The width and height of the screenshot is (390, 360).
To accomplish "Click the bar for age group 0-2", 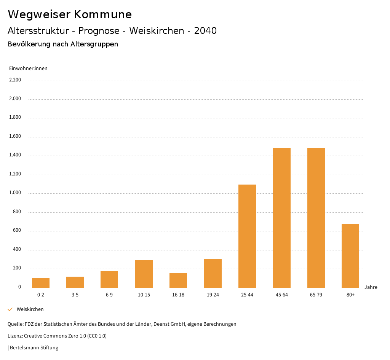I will pyautogui.click(x=41, y=283).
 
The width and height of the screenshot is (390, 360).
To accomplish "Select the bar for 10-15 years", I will pyautogui.click(x=144, y=274).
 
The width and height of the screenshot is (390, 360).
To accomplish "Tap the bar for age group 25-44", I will pyautogui.click(x=247, y=236).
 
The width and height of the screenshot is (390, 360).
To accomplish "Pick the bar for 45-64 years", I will pyautogui.click(x=282, y=218).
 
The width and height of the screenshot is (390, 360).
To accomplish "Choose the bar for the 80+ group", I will pyautogui.click(x=350, y=256).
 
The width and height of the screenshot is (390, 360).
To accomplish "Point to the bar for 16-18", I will pyautogui.click(x=178, y=280).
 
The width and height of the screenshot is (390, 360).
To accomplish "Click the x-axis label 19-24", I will pyautogui.click(x=213, y=295).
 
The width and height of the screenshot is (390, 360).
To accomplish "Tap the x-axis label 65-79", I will pyautogui.click(x=316, y=295).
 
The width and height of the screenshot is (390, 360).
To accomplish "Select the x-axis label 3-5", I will pyautogui.click(x=75, y=295).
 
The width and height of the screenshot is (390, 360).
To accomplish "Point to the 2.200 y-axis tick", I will pyautogui.click(x=15, y=80).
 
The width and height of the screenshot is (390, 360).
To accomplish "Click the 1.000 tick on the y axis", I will pyautogui.click(x=15, y=193).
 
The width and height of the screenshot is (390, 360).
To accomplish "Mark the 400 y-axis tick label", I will pyautogui.click(x=17, y=250).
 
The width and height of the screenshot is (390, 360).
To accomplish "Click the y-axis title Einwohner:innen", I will pyautogui.click(x=28, y=68).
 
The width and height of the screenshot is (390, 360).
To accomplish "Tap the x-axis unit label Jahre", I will pyautogui.click(x=371, y=287).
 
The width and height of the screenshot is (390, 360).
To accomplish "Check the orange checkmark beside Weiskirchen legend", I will pyautogui.click(x=10, y=309).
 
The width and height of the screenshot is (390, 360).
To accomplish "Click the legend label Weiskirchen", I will pyautogui.click(x=30, y=309).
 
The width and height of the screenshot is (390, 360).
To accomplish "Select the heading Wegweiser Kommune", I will pyautogui.click(x=70, y=14).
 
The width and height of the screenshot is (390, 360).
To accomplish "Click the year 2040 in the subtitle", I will pyautogui.click(x=205, y=31).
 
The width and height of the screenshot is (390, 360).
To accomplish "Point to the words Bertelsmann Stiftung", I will pyautogui.click(x=34, y=348).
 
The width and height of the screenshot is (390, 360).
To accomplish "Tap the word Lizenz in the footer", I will pyautogui.click(x=15, y=336).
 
